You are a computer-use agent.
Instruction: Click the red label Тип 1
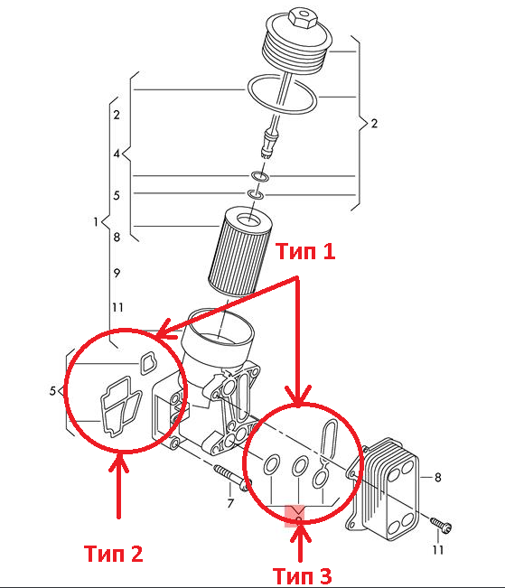[305, 252]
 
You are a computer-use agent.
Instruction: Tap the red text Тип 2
[114, 554]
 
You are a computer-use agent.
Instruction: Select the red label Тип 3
[302, 576]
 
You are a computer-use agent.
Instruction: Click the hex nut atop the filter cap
[302, 17]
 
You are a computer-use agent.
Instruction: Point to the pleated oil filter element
[240, 252]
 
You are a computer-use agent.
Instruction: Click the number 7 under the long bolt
[230, 503]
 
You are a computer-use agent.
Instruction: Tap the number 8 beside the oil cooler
[438, 478]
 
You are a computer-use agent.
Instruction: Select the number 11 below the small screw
[438, 550]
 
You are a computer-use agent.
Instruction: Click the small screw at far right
[441, 525]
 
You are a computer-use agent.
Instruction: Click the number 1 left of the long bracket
[96, 221]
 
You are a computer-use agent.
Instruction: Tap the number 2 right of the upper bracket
[374, 124]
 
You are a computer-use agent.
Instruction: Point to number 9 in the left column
[117, 273]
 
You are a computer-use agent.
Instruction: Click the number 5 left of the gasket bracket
[52, 391]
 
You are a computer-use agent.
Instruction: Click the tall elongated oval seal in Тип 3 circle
[329, 439]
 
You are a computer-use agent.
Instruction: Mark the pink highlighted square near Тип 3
[295, 516]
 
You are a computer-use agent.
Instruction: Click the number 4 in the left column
[117, 154]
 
